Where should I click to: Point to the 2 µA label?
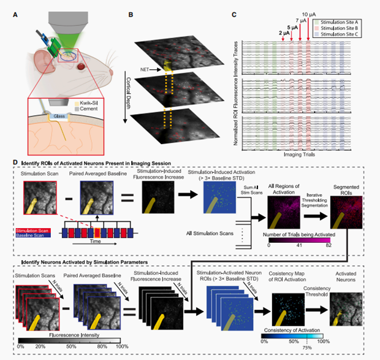[x=283, y=32]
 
